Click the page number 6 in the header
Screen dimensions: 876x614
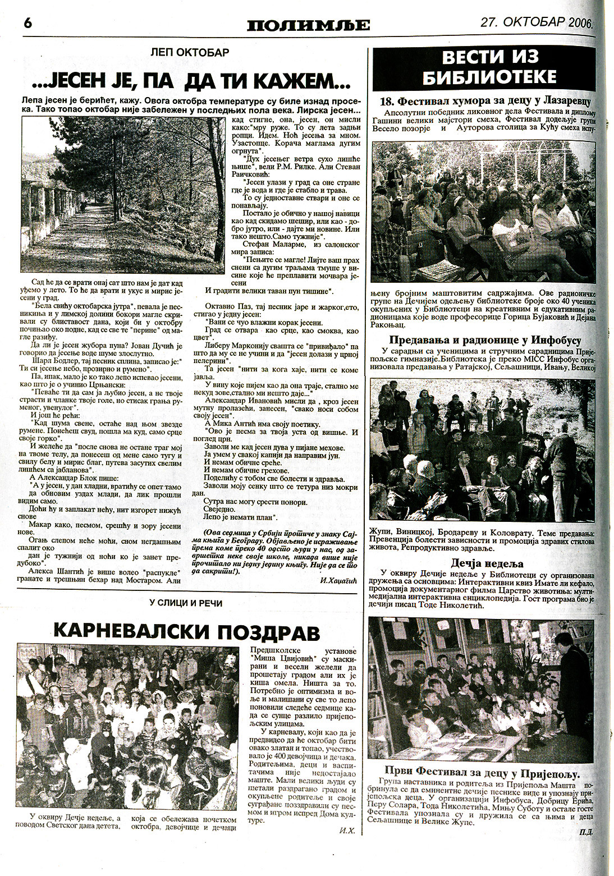click(28, 24)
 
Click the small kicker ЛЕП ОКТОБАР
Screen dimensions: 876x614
click(191, 53)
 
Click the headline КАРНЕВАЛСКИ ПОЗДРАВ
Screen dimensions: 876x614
click(186, 632)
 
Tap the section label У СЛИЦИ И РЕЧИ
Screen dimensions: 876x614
click(186, 603)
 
